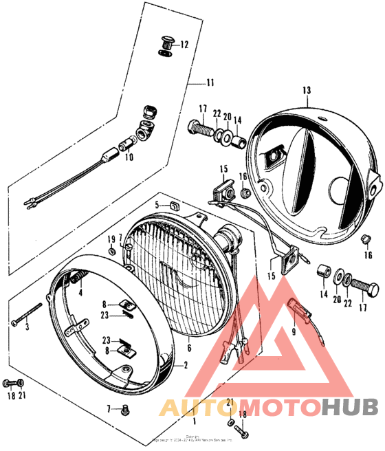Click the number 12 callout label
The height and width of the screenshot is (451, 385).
(x=184, y=45)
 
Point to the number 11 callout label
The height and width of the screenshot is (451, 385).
(x=209, y=83)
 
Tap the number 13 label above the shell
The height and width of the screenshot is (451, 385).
(x=307, y=91)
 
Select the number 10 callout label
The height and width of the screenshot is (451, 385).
(x=129, y=157)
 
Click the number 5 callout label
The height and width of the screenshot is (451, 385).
(x=157, y=205)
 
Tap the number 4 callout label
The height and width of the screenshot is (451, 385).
(x=80, y=291)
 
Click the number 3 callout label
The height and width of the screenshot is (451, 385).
(x=27, y=327)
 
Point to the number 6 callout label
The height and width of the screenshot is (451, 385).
(x=189, y=348)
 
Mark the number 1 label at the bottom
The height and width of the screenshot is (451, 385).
(x=196, y=420)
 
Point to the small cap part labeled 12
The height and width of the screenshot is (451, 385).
(x=166, y=43)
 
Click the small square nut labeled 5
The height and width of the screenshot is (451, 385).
(x=174, y=204)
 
